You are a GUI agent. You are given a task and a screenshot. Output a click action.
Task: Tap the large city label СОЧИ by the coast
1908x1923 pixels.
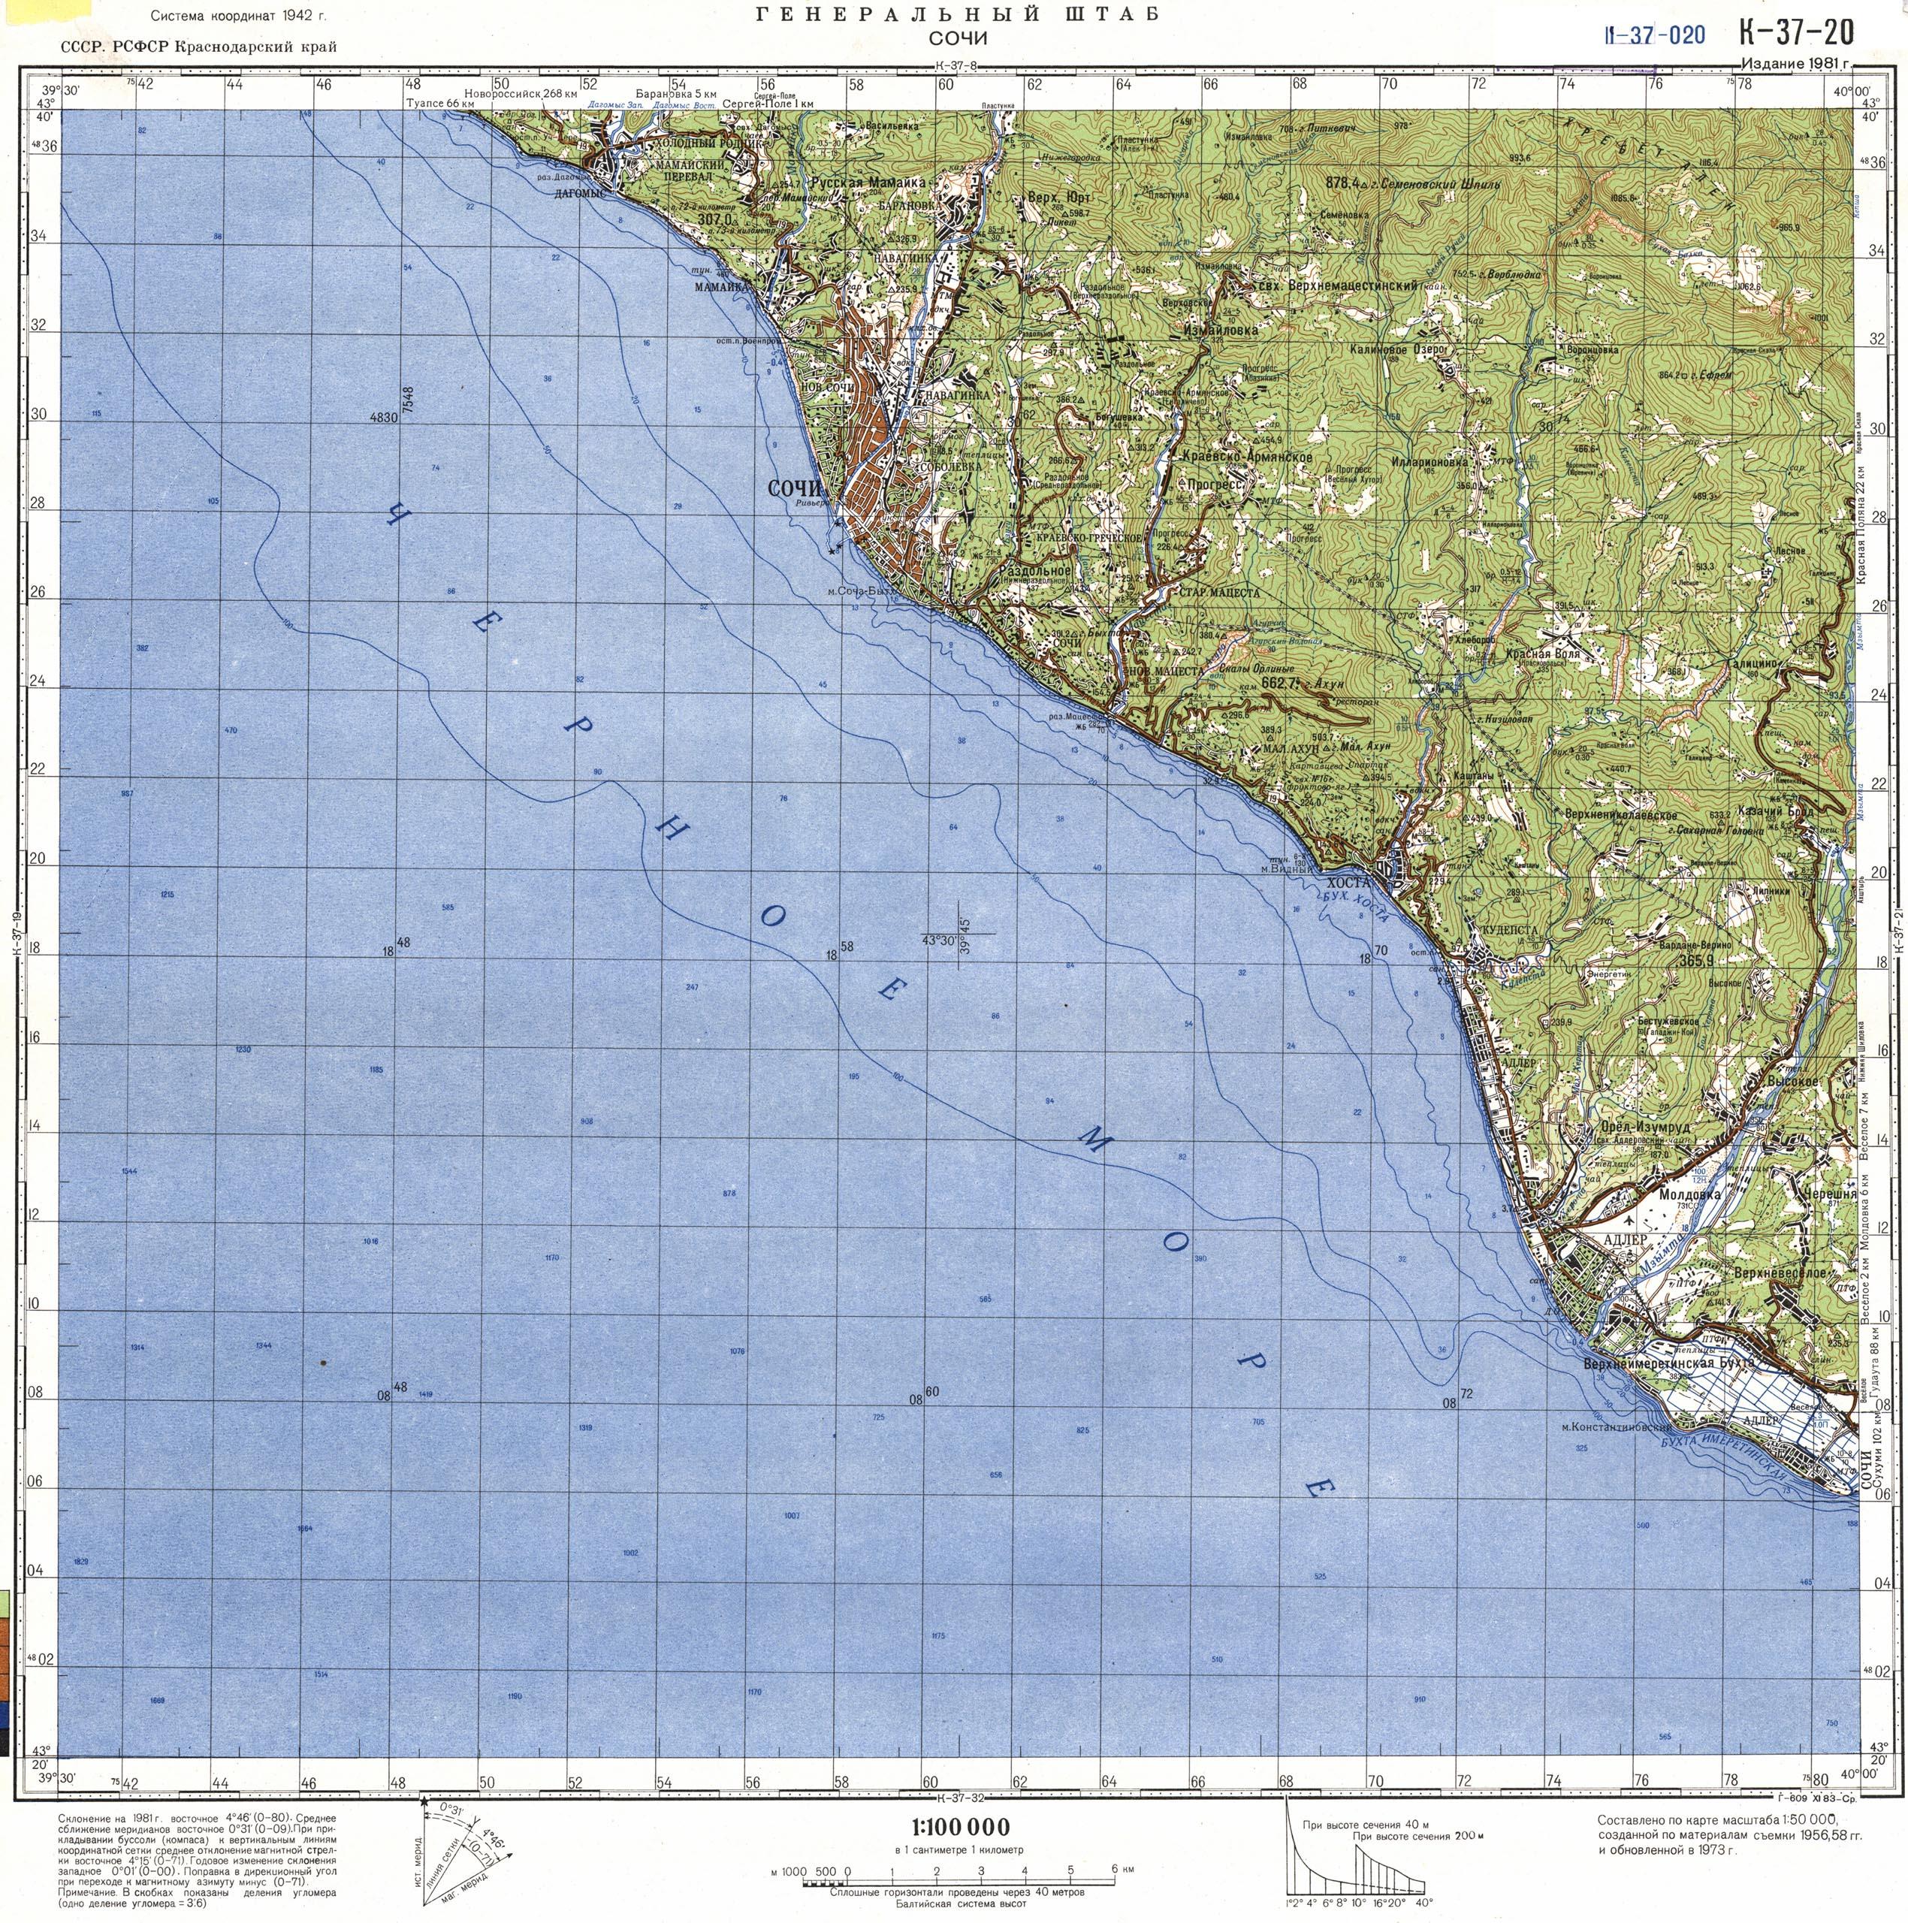pyautogui.click(x=797, y=489)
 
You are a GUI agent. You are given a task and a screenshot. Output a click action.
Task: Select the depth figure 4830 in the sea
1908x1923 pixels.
pyautogui.click(x=382, y=419)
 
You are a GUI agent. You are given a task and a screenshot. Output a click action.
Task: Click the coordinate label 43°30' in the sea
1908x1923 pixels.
pyautogui.click(x=938, y=940)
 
